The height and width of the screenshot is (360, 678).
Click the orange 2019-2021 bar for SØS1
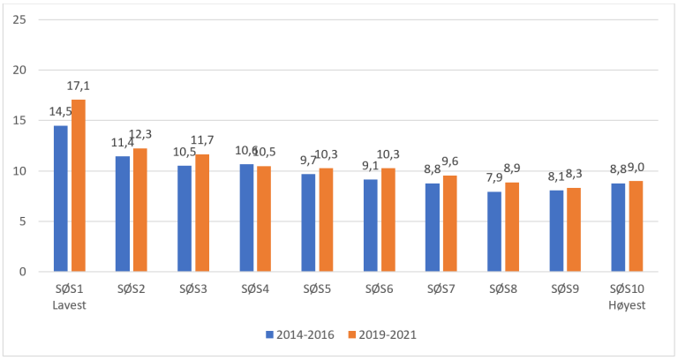79,185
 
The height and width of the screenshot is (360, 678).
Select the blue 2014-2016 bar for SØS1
60,199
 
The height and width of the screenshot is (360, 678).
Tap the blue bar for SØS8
493,231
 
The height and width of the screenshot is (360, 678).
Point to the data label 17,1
78,86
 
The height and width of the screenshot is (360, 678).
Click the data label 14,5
61,112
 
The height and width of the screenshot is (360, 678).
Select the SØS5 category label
317,288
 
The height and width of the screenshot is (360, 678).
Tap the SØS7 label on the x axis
441,288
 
